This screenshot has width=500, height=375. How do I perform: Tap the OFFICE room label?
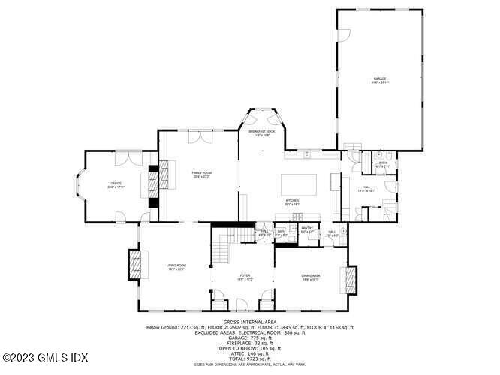tap(116, 184)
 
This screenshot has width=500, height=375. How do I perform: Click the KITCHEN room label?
tap(292, 202)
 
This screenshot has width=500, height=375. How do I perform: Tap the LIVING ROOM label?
tap(176, 266)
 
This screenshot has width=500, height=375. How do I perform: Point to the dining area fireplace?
tap(347, 280)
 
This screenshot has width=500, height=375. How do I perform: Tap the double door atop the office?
tap(132, 157)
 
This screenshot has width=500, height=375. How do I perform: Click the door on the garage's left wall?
tap(340, 34)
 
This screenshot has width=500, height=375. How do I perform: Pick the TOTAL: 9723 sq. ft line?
tap(249, 358)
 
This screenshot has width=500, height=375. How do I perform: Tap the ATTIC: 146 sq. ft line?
tap(249, 353)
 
